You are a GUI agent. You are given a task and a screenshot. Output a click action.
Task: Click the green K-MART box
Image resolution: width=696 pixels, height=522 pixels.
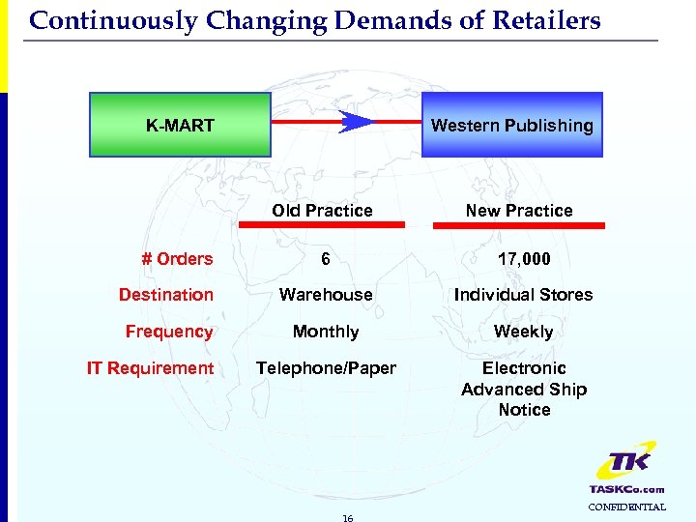pos(180,125)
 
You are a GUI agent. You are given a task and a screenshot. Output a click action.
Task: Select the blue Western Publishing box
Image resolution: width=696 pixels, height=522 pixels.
pos(511,125)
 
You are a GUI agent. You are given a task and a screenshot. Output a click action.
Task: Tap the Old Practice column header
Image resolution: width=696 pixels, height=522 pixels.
pos(322,211)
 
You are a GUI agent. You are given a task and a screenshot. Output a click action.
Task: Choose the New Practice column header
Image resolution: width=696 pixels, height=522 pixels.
pos(519,211)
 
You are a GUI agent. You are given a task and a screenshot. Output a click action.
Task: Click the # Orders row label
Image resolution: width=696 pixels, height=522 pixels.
pos(177,259)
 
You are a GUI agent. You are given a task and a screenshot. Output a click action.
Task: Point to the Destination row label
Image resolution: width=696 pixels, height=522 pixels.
pos(166,295)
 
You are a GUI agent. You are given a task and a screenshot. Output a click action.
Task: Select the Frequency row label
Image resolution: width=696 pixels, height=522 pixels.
pos(169,332)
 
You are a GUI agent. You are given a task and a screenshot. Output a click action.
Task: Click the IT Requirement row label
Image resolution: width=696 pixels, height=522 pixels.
pos(150,368)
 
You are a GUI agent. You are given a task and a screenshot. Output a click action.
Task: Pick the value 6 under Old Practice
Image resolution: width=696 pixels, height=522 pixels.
pos(326,259)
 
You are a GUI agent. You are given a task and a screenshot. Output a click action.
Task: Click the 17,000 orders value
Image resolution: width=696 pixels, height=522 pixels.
pos(523,259)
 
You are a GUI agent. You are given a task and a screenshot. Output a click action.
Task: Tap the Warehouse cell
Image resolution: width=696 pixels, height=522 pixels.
pos(326,295)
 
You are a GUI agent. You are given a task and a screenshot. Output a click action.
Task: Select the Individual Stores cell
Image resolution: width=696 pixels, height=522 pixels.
pos(523,295)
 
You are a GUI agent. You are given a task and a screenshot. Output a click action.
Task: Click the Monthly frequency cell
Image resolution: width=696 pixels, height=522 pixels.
pos(326,332)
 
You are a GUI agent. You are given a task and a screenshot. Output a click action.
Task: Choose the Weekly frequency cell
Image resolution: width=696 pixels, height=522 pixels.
pos(523,332)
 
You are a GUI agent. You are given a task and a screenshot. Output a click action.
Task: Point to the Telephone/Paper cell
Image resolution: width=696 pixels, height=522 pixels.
pos(326,368)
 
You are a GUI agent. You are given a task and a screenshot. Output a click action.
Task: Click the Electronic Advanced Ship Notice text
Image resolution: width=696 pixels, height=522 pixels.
pos(524,389)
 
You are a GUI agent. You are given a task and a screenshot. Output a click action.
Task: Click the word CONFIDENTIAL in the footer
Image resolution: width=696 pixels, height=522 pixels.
pos(627,507)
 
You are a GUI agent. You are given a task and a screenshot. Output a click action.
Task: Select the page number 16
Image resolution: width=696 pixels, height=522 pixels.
pos(348,517)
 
